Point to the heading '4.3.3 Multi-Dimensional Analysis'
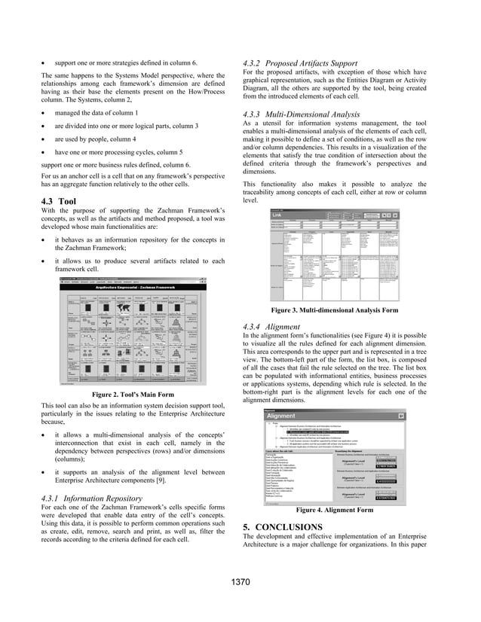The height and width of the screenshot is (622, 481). pos(306,114)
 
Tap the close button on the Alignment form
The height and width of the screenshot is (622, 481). pos(400,415)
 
